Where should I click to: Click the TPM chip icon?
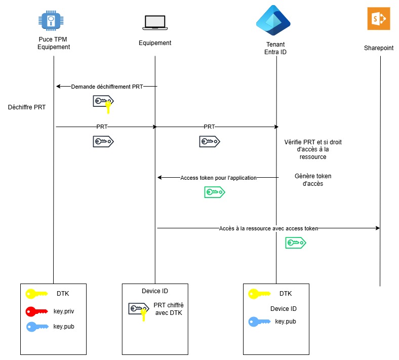coord(51,21)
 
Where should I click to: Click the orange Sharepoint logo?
coord(379,19)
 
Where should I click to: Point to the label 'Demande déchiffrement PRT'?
coord(107,87)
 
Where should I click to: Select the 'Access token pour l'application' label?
coord(218,178)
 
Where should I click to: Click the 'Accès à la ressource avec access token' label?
coord(269,228)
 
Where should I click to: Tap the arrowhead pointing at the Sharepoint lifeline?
coord(377,228)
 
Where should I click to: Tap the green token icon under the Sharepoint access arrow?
coord(296,243)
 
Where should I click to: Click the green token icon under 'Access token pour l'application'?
coord(214,192)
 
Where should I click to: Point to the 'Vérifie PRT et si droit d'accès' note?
coord(313,149)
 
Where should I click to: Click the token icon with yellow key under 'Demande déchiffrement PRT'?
coord(104,103)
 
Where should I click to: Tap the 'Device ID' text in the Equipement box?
coord(155,291)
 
